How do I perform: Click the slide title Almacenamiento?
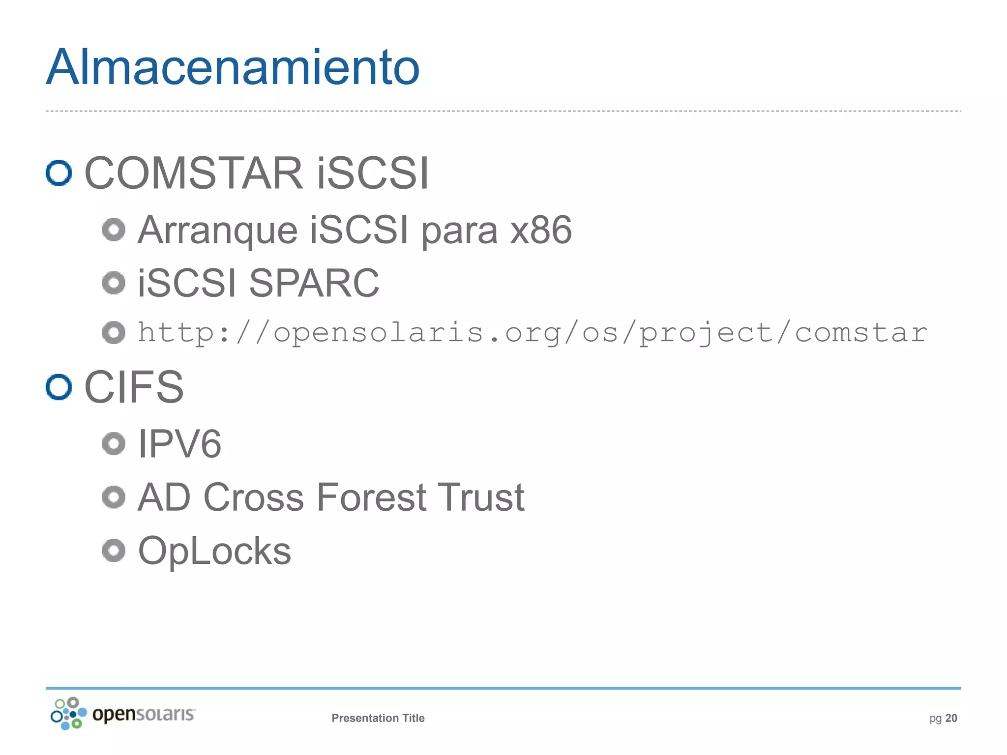(233, 67)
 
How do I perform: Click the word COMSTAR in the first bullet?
(194, 173)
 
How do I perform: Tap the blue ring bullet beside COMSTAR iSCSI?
(59, 173)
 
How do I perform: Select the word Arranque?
(217, 230)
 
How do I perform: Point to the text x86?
(540, 230)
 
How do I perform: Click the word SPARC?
(314, 283)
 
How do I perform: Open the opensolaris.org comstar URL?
(532, 333)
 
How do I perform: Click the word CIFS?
(134, 387)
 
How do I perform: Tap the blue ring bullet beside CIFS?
(59, 387)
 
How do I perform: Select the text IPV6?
(179, 444)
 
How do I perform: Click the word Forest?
(371, 497)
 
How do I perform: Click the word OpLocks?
(214, 551)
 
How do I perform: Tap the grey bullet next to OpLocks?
(114, 551)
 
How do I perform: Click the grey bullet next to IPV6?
(114, 444)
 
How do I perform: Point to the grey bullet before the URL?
(114, 333)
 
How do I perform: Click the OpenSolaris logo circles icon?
(68, 713)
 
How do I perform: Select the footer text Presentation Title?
(378, 718)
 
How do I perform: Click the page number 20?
(951, 718)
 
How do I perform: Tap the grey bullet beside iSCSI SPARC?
(114, 283)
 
